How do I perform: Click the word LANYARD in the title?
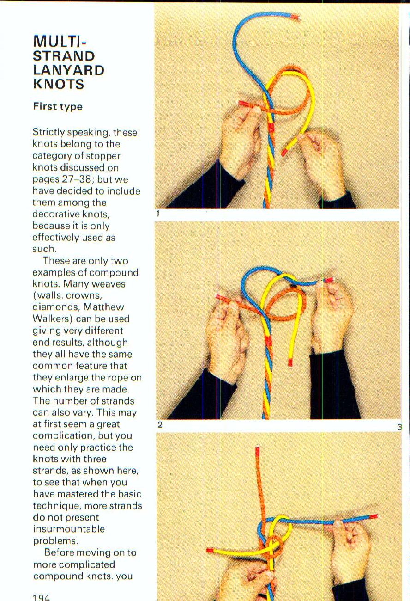pyautogui.click(x=68, y=70)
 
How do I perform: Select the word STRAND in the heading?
pyautogui.click(x=64, y=56)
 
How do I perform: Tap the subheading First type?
pyautogui.click(x=58, y=106)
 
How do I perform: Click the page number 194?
pyautogui.click(x=41, y=597)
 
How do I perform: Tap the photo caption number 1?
pyautogui.click(x=158, y=214)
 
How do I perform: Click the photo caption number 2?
pyautogui.click(x=159, y=425)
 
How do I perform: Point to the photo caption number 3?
pyautogui.click(x=399, y=427)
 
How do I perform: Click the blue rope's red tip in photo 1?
pyautogui.click(x=295, y=18)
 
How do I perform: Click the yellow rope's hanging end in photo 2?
pyautogui.click(x=290, y=361)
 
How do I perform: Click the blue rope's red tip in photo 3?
pyautogui.click(x=374, y=516)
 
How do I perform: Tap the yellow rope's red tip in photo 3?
pyautogui.click(x=211, y=551)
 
